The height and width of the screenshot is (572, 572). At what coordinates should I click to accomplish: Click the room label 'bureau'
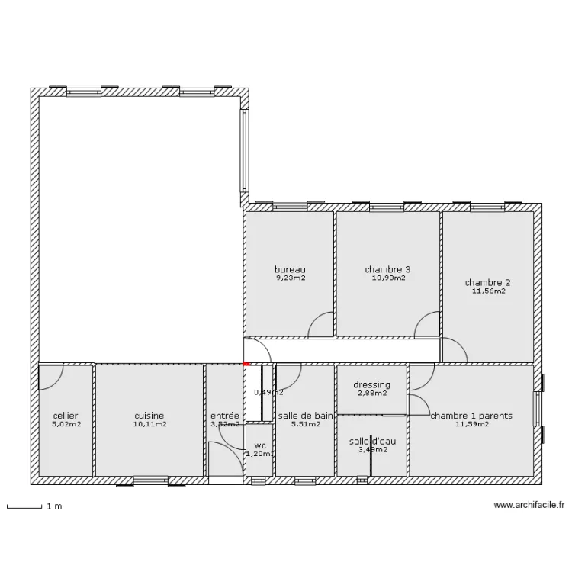pos(290,269)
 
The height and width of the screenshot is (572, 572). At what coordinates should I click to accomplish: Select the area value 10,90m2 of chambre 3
pos(387,278)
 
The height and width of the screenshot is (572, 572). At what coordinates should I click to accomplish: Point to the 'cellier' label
pos(66,416)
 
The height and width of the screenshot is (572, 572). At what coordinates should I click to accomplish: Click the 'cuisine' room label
pos(149,416)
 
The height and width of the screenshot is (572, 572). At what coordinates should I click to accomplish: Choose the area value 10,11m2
pos(149,424)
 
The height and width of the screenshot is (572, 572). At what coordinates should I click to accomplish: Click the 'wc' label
pos(260,445)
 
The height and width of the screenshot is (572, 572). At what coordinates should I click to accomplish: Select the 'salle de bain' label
pos(305,416)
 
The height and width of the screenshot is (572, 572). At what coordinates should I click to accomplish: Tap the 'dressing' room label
pos(371,385)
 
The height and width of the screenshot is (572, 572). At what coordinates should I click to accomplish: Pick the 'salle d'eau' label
pos(372,442)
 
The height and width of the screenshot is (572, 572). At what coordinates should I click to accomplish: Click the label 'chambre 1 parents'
pos(471,416)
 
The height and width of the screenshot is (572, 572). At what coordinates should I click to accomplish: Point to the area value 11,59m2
pos(471,424)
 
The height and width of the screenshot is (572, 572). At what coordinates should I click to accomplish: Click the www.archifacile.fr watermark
pos(529,504)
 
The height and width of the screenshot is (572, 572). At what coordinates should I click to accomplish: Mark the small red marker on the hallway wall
pos(246,365)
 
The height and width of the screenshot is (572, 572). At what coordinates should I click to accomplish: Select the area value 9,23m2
pos(290,278)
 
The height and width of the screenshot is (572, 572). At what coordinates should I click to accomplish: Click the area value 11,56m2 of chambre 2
pos(488,291)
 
